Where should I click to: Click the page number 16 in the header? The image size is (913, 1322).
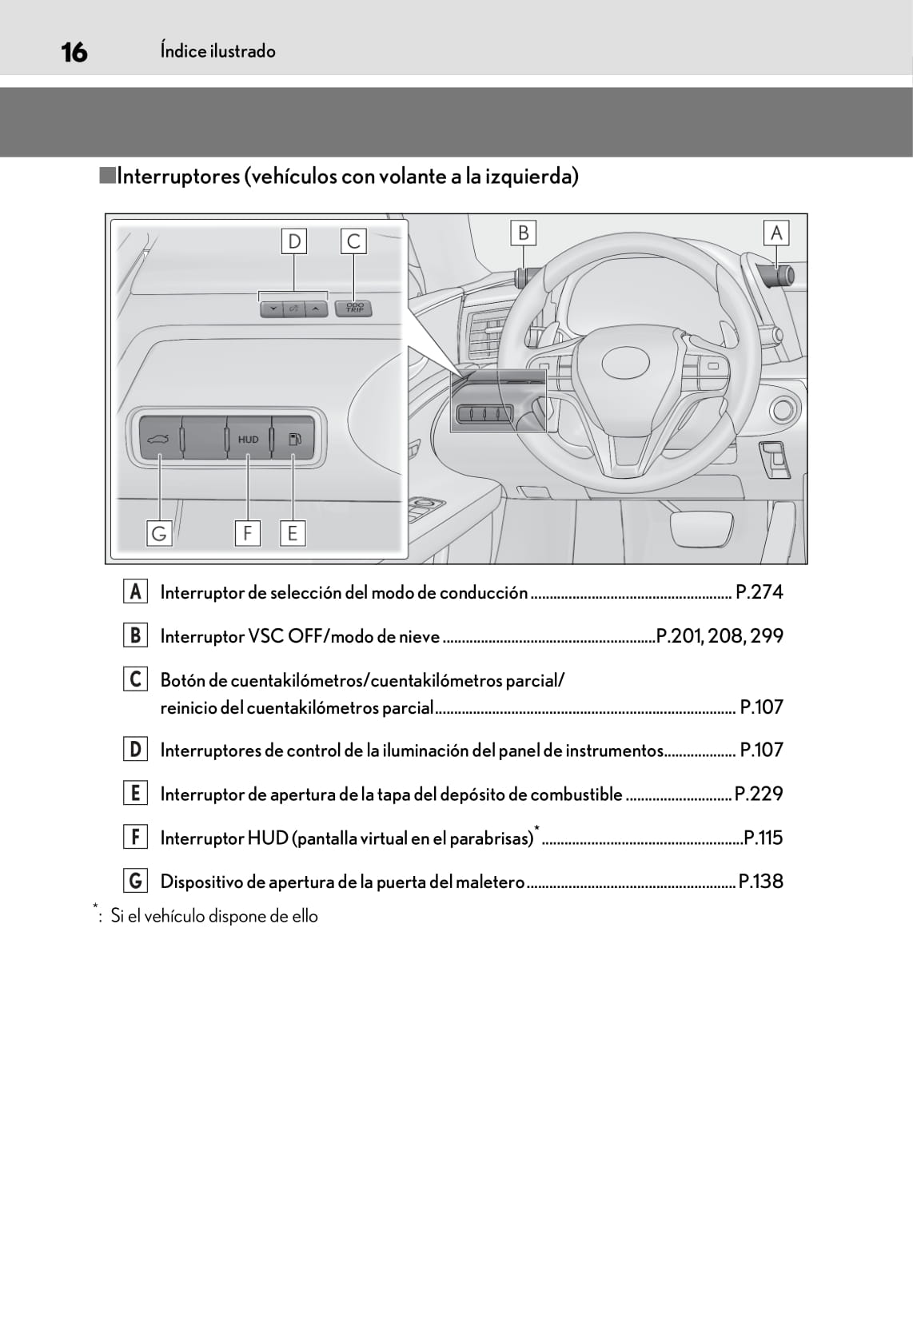click(x=74, y=52)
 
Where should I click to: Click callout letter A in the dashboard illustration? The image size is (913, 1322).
click(x=775, y=233)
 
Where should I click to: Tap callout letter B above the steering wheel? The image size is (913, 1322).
click(x=523, y=233)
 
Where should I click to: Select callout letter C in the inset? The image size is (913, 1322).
click(x=353, y=241)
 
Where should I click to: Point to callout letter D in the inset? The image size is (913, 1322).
click(x=294, y=241)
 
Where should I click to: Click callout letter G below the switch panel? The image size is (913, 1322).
click(x=159, y=532)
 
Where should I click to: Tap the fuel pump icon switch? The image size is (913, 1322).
click(x=293, y=438)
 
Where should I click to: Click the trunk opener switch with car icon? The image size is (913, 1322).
click(x=158, y=438)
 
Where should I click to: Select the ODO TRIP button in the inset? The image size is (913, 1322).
click(x=354, y=308)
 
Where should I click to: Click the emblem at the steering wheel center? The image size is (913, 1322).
click(x=625, y=362)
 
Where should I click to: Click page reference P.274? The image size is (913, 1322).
click(x=759, y=592)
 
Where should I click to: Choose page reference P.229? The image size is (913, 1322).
click(x=759, y=794)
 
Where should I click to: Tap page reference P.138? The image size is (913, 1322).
click(x=760, y=882)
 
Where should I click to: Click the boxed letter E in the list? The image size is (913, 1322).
click(x=135, y=793)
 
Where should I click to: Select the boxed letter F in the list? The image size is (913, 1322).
click(x=135, y=837)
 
